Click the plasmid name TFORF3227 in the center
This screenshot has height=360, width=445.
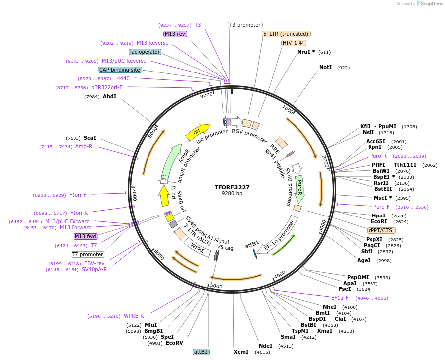tap(232, 187)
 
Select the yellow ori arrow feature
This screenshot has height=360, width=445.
tap(198, 131)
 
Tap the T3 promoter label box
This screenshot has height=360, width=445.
tap(245, 25)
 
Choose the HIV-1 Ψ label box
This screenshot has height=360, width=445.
tap(294, 43)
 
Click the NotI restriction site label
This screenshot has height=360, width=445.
tap(325, 67)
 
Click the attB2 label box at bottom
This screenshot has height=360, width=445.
tap(201, 352)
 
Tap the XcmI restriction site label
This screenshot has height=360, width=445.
tap(241, 352)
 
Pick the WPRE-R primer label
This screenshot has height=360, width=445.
tap(134, 316)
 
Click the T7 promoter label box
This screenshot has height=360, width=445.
tap(87, 254)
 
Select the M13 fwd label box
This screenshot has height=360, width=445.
tap(85, 236)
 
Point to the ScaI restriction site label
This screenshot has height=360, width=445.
tap(90, 138)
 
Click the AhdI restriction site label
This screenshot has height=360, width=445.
tap(109, 96)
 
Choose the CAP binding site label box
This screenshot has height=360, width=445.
tap(120, 70)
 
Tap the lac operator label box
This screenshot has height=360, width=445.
tap(145, 52)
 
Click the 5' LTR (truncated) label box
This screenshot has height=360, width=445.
tap(286, 34)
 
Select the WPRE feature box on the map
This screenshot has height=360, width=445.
tap(198, 247)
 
